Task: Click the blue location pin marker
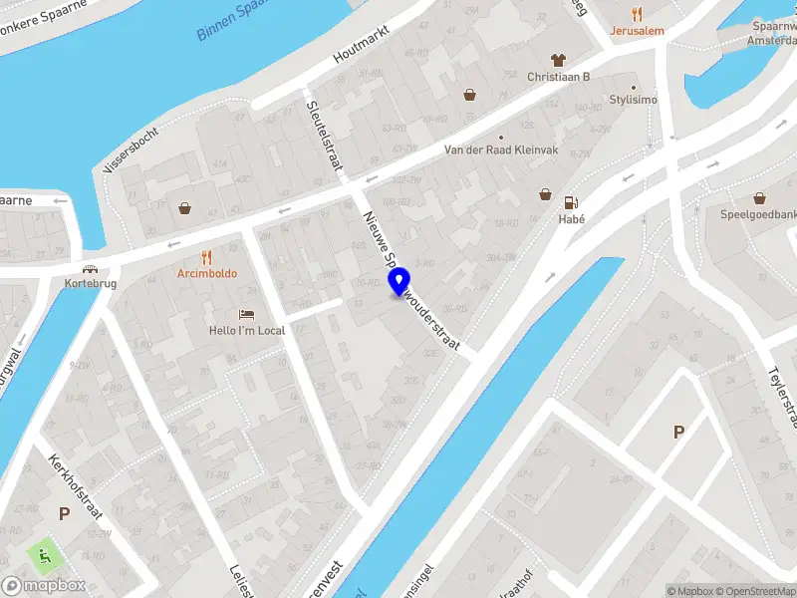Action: pos(399,281)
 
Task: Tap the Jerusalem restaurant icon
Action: pos(639,14)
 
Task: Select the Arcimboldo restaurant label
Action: pos(207,273)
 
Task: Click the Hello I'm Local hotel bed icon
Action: pos(247,314)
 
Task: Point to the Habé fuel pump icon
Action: pos(572,201)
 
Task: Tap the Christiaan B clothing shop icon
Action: pos(558,60)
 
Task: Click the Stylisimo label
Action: pos(634,101)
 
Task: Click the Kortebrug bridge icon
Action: pos(90,269)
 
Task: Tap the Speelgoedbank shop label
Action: pos(759,214)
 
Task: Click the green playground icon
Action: pos(45,553)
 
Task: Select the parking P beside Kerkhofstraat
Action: pos(64,514)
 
